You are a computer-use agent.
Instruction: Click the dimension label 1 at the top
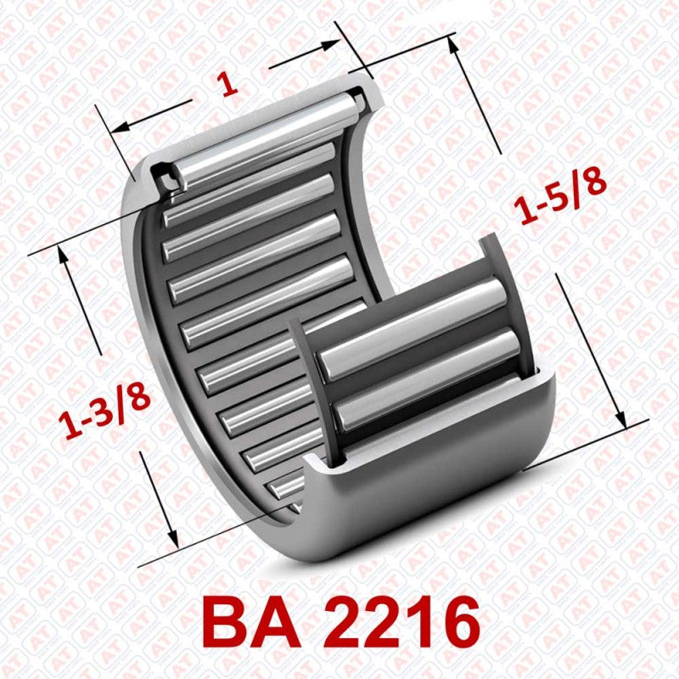click(226, 84)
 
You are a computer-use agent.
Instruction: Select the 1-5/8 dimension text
click(562, 196)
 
